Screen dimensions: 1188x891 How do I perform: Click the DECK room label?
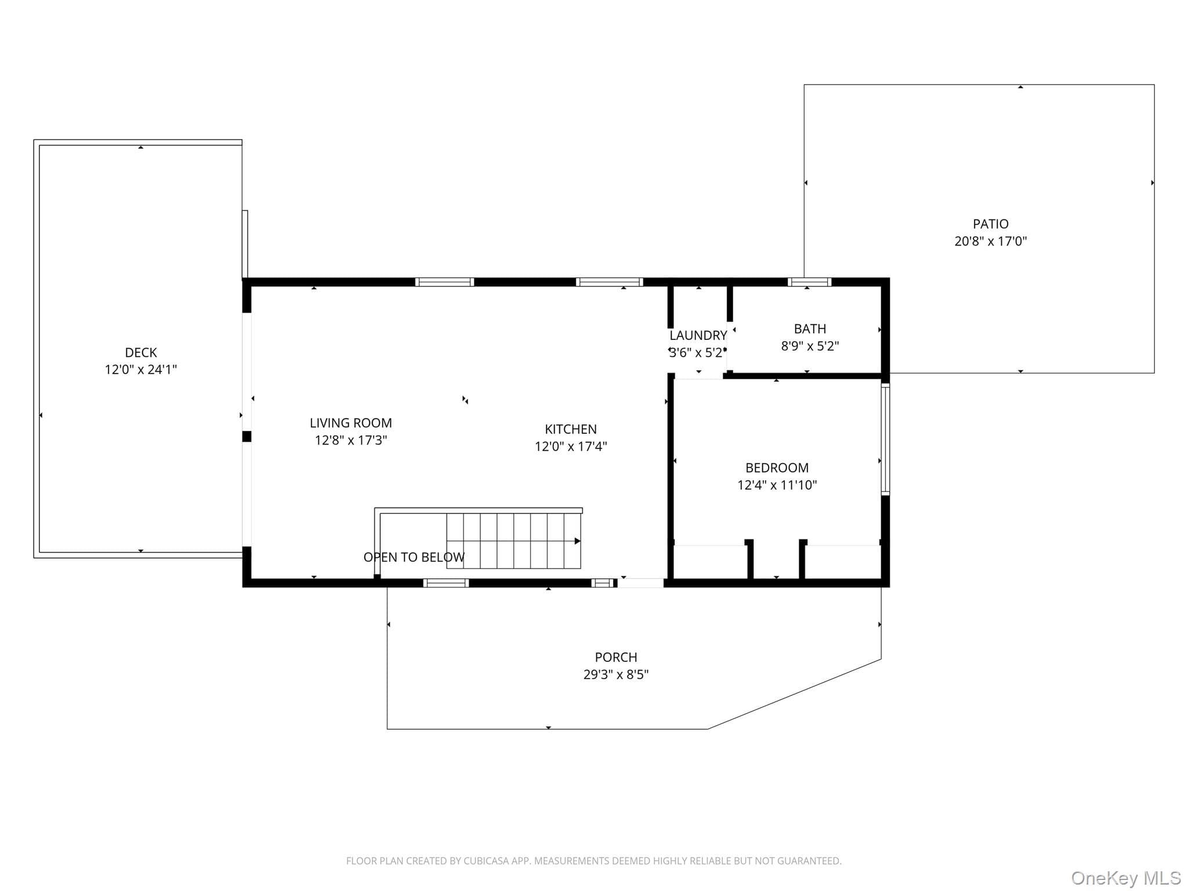pos(141,352)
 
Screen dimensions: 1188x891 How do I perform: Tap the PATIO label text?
pos(991,224)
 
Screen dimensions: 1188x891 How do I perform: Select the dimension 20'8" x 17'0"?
pos(991,241)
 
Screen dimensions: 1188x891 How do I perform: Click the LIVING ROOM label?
pos(351,423)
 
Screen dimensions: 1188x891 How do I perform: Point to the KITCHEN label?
pos(571,429)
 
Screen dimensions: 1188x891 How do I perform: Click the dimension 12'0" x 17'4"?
pos(571,446)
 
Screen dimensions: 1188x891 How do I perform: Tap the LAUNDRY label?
pos(698,335)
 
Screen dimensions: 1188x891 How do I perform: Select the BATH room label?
pos(810,329)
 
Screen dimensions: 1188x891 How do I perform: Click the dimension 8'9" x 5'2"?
pos(810,346)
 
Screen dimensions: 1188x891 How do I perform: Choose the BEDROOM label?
pos(777,468)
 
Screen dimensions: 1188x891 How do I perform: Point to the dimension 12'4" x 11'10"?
pos(777,485)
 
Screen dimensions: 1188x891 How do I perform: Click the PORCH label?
pos(616,657)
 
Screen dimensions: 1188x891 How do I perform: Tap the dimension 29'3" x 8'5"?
pos(616,675)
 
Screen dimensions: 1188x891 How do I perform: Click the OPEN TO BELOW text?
pos(414,557)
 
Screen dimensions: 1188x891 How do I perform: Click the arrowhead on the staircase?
pos(578,541)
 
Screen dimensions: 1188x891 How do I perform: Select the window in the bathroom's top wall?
pos(810,282)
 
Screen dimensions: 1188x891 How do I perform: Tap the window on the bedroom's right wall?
pos(886,440)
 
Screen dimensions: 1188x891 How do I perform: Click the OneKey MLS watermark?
pos(1126,878)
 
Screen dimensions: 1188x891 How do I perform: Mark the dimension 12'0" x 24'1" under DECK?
pos(141,370)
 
